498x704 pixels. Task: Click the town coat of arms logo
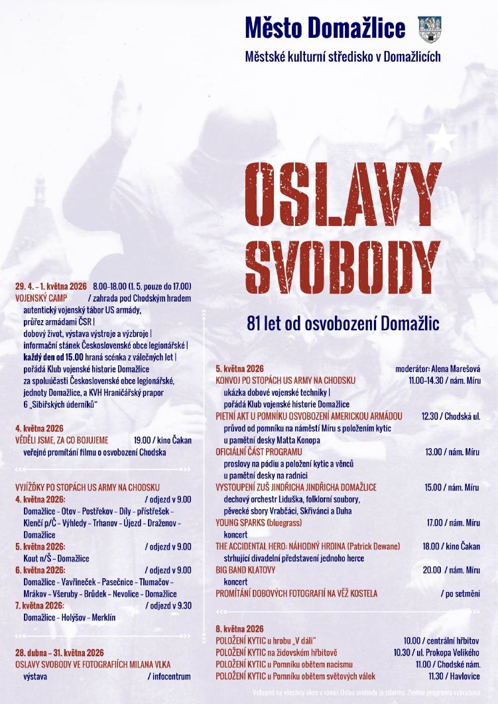430,29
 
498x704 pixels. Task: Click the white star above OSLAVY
442,139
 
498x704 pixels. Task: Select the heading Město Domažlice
325,29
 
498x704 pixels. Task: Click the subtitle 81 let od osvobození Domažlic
343,324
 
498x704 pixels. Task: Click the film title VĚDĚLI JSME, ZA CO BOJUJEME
62,440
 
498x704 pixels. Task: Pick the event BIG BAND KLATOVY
245,569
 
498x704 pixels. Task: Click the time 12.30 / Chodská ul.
451,416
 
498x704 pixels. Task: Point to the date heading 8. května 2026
239,628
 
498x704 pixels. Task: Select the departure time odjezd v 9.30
168,605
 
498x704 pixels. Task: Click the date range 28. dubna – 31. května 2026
60,653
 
